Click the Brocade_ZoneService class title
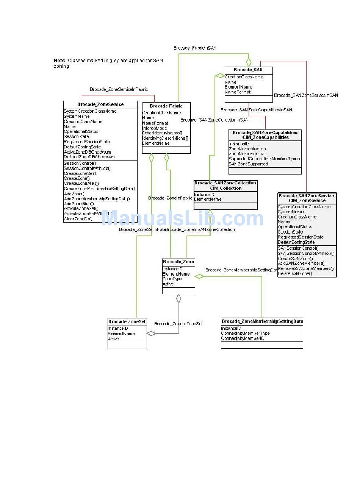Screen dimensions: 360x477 [x=100, y=104]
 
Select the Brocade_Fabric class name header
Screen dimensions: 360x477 [x=166, y=106]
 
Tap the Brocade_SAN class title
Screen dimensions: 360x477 [x=248, y=70]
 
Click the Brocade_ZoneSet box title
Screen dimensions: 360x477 [x=127, y=322]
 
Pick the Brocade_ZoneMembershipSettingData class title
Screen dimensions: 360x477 [x=262, y=321]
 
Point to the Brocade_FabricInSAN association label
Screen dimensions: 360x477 [x=195, y=48]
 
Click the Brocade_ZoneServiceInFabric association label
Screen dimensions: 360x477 [x=119, y=89]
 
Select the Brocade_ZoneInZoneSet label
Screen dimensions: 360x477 [x=178, y=324]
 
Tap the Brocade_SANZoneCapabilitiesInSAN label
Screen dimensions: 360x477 [x=256, y=110]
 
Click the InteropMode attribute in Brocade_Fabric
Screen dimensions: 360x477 [x=154, y=128]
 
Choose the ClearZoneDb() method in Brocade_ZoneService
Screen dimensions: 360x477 [x=78, y=219]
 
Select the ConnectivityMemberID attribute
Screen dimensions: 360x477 [x=243, y=338]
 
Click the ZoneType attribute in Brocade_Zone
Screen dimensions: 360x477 [x=172, y=279]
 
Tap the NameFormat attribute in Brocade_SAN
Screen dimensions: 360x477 [x=238, y=92]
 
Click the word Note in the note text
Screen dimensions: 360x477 [x=59, y=61]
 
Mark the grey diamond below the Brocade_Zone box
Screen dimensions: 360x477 [x=178, y=298]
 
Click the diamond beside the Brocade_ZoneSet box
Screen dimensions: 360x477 [x=151, y=334]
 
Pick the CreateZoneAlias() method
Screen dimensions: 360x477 [x=81, y=183]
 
